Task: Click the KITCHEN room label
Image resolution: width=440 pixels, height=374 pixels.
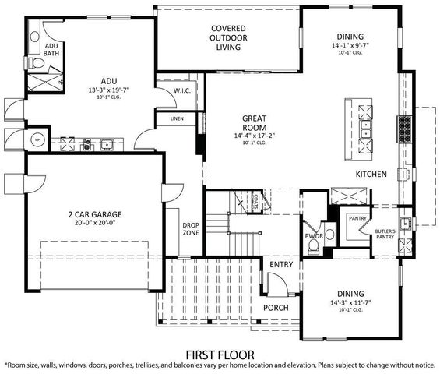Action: tap(371, 174)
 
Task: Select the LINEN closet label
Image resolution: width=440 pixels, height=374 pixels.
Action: tap(177, 118)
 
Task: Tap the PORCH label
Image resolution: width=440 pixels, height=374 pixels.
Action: tap(276, 307)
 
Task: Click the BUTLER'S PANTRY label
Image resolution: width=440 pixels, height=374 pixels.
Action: tap(385, 235)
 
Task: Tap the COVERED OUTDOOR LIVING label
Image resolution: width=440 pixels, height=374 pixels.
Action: tap(228, 38)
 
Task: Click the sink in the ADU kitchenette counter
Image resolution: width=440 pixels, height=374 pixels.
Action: tap(107, 143)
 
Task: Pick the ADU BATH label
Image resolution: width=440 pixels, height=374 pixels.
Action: tap(51, 49)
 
